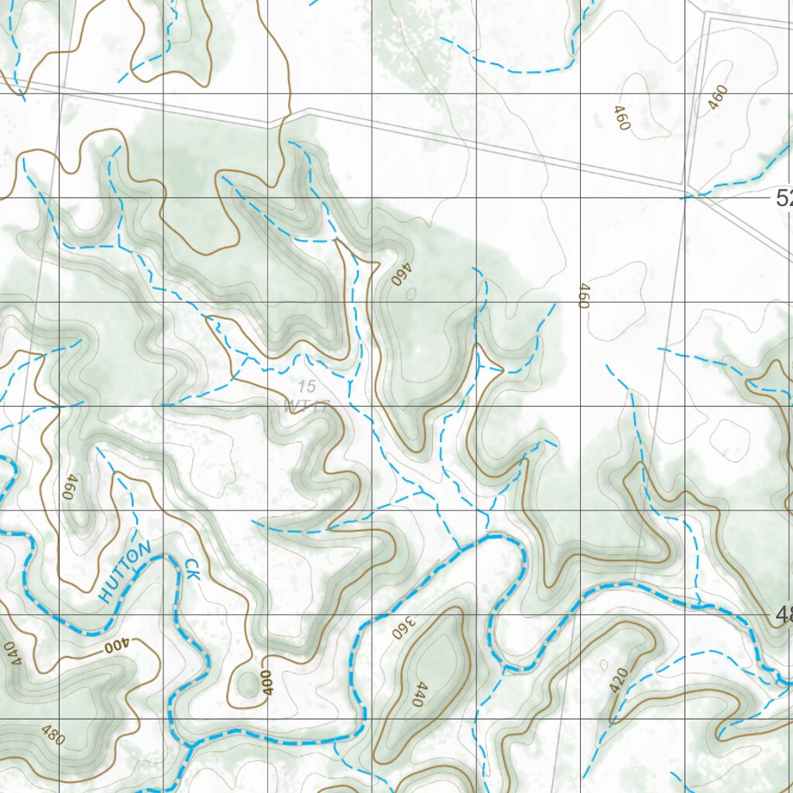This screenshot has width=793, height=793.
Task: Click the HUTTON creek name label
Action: (125, 573)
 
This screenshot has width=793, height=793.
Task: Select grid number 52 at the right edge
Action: (784, 198)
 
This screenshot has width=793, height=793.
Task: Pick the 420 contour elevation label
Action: (619, 679)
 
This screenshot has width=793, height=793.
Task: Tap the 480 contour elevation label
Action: (51, 734)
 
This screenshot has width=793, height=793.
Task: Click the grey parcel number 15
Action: (307, 386)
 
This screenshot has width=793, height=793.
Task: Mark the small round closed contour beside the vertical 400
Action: (249, 684)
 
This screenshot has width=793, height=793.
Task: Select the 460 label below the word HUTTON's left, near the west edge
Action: (70, 487)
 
